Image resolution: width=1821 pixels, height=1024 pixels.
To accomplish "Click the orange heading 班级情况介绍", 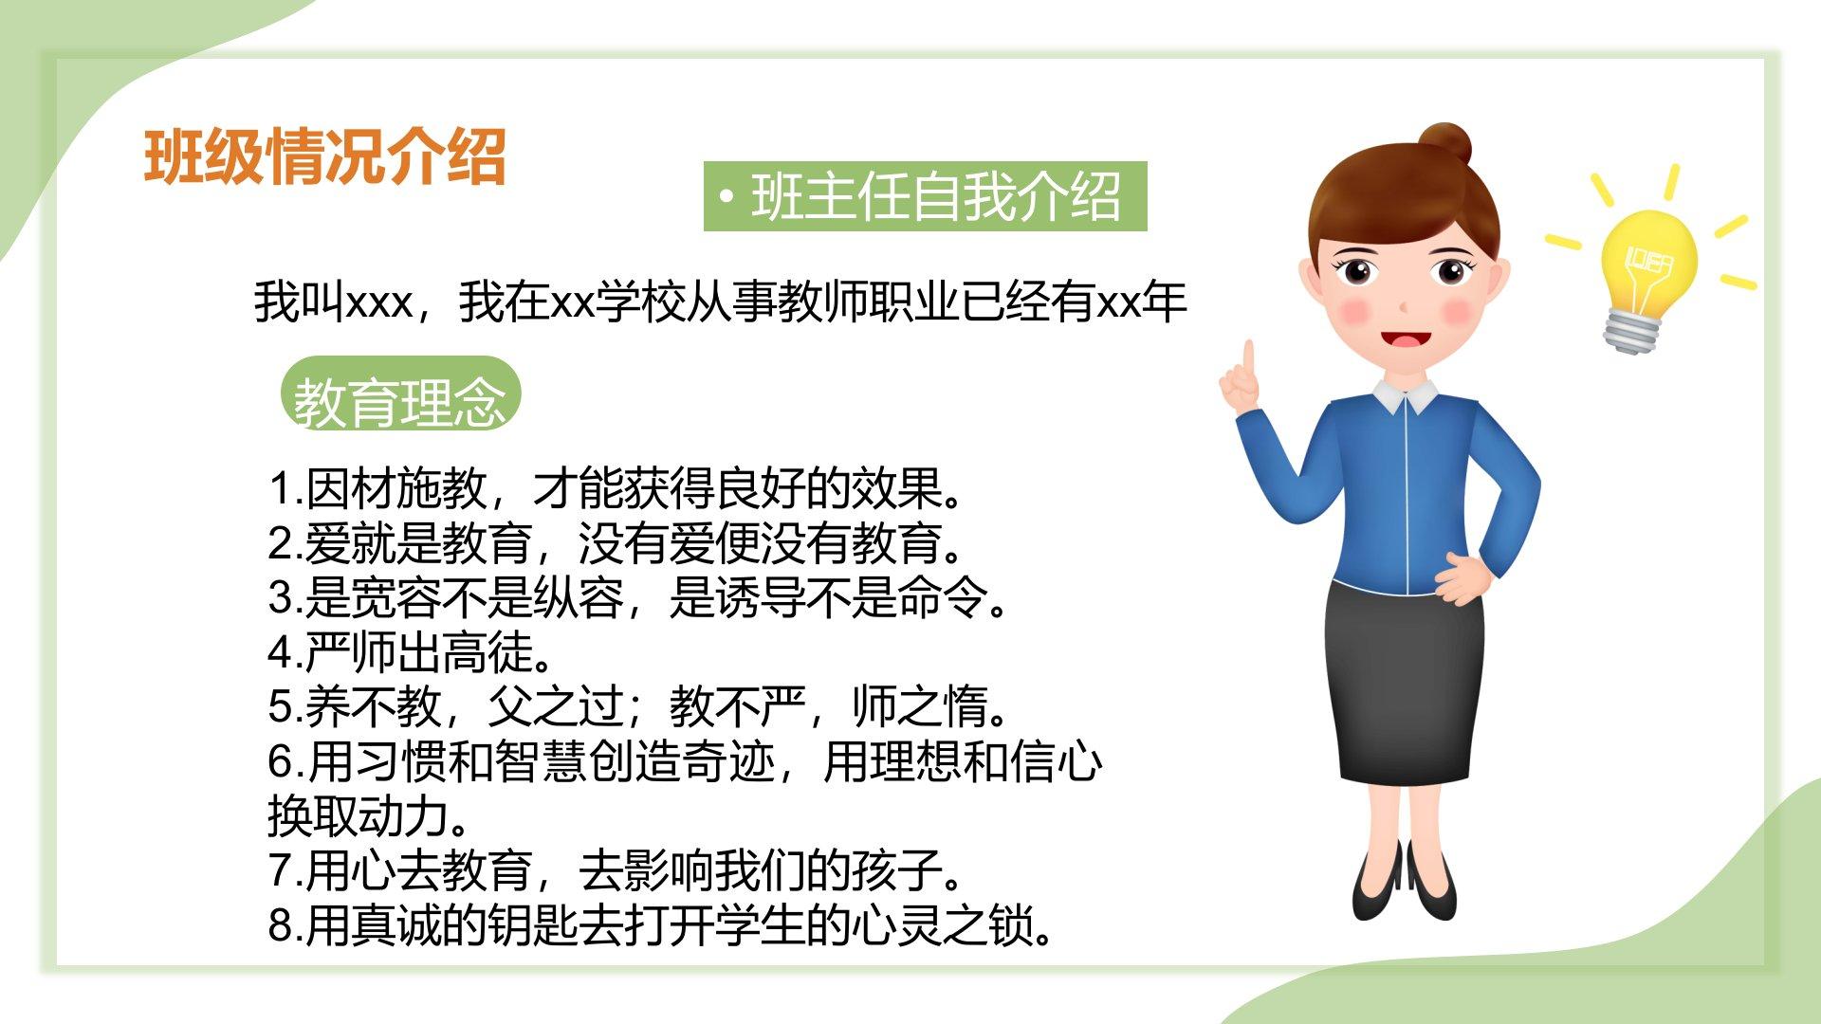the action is coord(324,156).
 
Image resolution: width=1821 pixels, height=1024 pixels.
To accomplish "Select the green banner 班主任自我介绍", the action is coord(925,196).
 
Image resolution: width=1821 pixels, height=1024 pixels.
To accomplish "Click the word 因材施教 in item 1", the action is coord(396,489).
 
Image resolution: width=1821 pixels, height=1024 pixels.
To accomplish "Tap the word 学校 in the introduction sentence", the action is coord(641,303).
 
